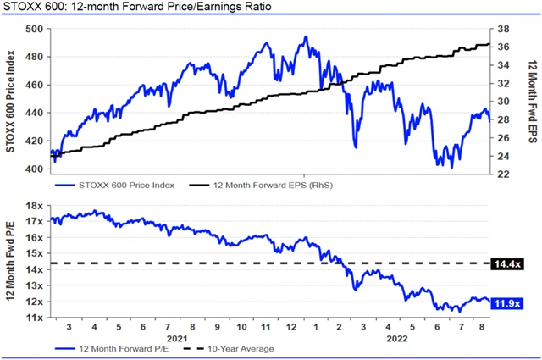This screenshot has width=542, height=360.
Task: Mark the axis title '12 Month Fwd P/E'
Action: pos(12,263)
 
